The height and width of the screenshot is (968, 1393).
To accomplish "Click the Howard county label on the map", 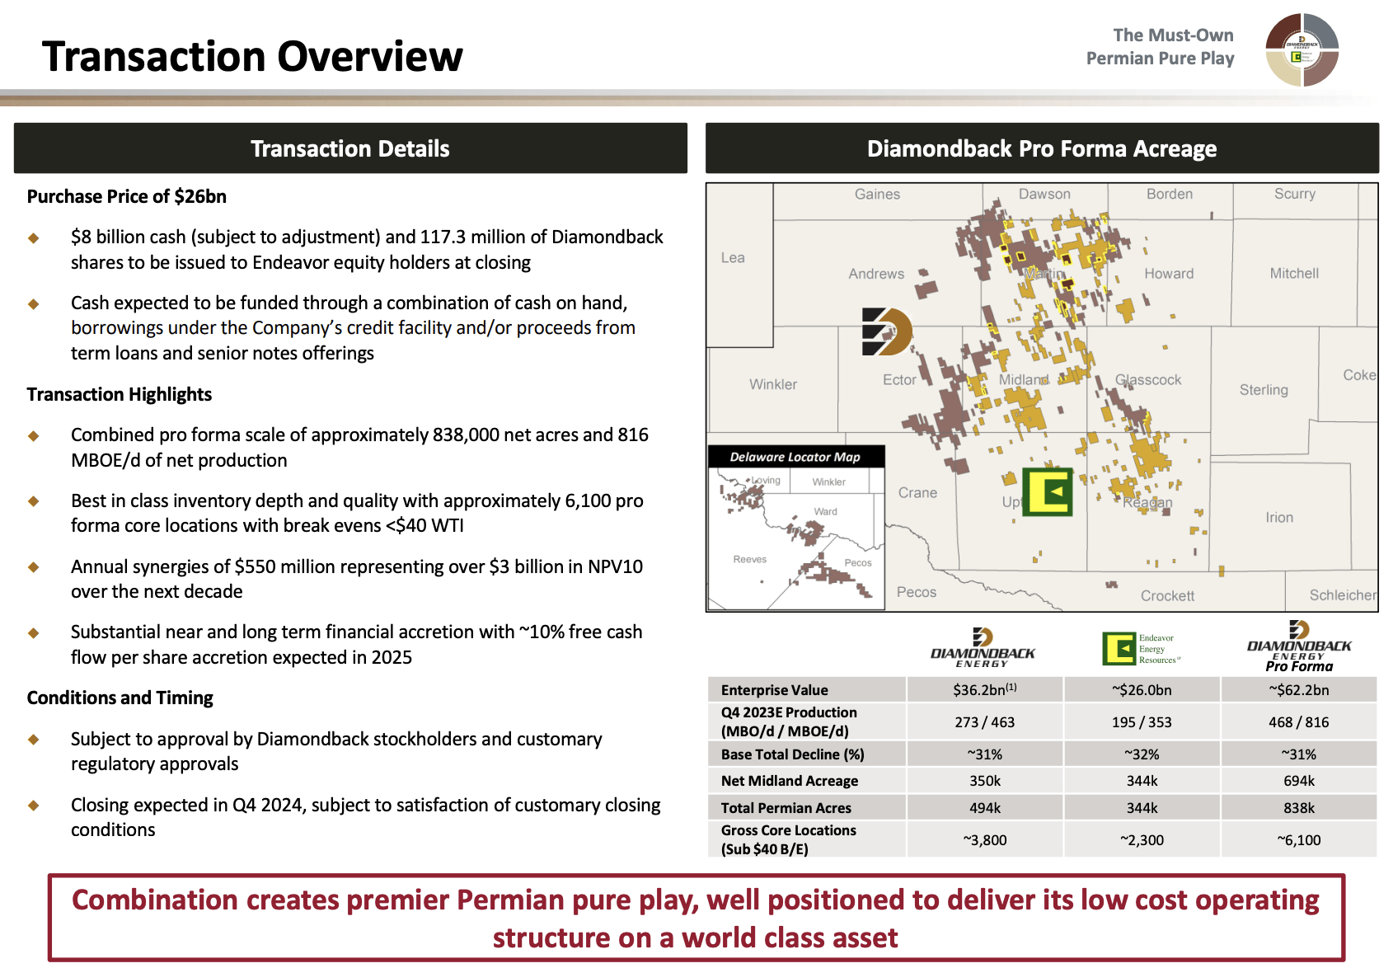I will pos(1168,274).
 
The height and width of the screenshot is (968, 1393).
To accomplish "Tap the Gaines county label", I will pos(877,195).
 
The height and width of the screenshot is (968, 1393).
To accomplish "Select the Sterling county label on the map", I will pos(1263,390).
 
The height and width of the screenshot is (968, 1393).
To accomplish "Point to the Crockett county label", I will pos(1167,595).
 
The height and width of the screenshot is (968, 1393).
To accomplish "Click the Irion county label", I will pos(1279,518).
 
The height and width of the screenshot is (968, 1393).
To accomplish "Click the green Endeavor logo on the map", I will pos(1047,492).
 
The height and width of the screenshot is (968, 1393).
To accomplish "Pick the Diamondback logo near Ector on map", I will pos(886,331).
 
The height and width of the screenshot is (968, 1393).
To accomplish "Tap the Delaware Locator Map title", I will pos(795,457).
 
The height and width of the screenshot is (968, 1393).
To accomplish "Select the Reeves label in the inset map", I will pos(749,559).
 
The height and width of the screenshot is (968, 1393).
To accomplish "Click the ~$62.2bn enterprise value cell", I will pos(1299,690).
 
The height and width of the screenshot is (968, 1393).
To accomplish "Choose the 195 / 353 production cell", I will pos(1142,722).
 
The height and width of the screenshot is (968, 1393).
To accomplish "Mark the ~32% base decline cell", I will pos(1142,754).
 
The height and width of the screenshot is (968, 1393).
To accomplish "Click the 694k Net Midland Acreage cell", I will pos(1299,781).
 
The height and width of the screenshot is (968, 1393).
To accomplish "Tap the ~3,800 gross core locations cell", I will pos(985,840).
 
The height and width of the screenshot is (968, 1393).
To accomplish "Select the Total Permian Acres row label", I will pos(786,808).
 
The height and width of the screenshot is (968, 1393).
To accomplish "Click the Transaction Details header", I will pos(350,148).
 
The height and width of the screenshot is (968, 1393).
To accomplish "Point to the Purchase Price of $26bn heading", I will pos(126,196).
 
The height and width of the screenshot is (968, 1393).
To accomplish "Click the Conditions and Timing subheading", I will pos(120,698).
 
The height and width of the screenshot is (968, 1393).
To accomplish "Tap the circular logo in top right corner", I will pos(1302,50).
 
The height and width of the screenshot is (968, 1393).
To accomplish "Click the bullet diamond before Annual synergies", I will pos(34,567).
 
